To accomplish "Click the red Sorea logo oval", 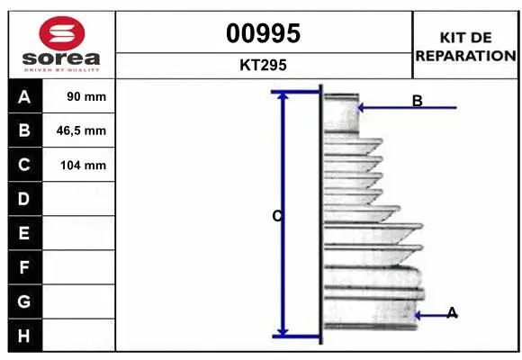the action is pyautogui.click(x=62, y=33).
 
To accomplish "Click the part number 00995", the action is pyautogui.click(x=264, y=33).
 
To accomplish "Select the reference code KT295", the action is pyautogui.click(x=263, y=65).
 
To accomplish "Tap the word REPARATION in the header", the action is pyautogui.click(x=465, y=56).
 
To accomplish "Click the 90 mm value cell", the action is pyautogui.click(x=78, y=96).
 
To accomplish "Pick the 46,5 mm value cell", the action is pyautogui.click(x=78, y=130).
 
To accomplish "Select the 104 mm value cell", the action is pyautogui.click(x=78, y=165).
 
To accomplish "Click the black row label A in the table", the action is pyautogui.click(x=25, y=96).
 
